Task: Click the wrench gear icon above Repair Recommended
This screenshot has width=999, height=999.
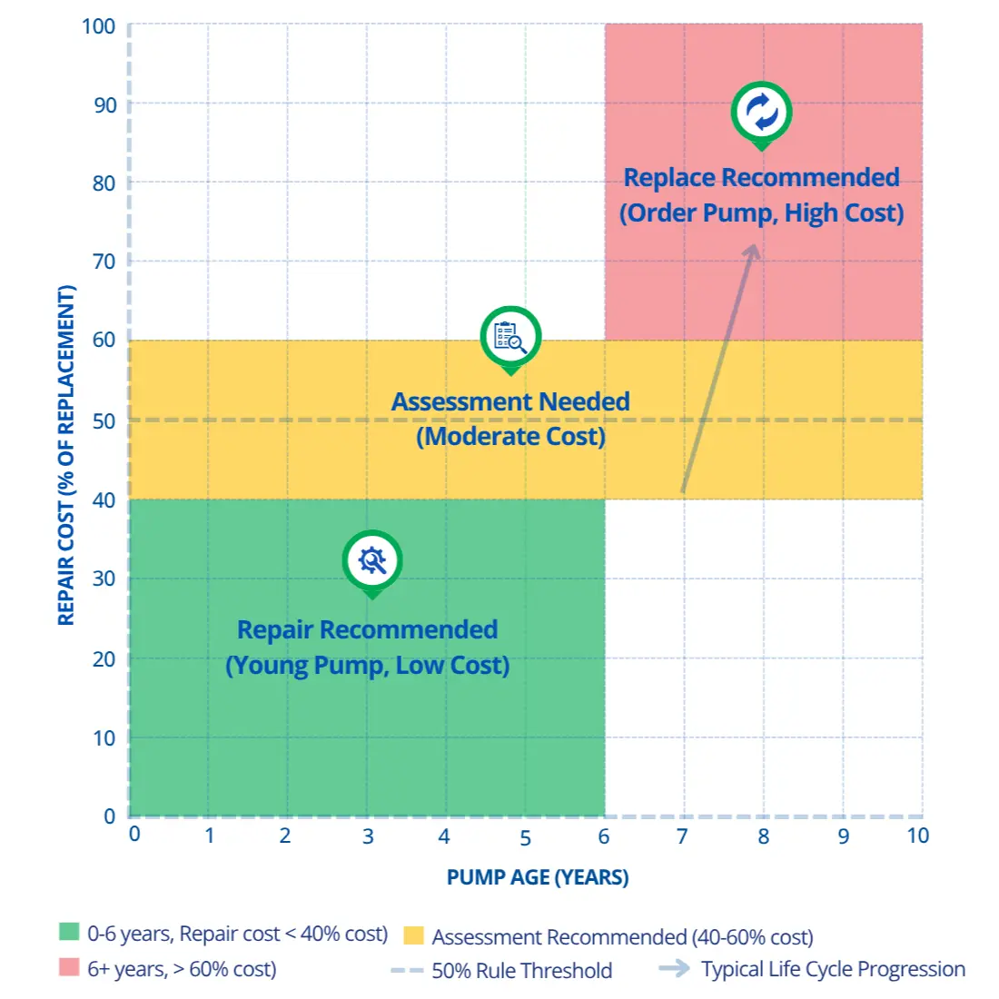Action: coord(372,560)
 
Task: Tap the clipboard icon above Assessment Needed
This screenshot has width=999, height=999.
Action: coord(510,337)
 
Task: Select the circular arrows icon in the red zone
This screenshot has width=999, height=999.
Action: coord(761,112)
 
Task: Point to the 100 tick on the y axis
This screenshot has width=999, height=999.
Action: coord(98,26)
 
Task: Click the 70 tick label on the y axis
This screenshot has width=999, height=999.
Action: coord(104,262)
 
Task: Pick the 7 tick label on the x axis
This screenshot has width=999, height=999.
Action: coord(682,836)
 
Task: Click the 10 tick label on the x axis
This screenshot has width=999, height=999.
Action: coord(917,836)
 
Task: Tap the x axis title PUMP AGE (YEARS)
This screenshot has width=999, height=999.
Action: coord(538,877)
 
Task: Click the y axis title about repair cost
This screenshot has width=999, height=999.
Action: coord(66,456)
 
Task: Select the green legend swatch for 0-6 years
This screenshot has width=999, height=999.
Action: coord(69,932)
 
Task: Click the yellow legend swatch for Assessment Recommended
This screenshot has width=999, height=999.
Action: coord(413,935)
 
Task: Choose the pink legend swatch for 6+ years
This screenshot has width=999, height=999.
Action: coord(69,968)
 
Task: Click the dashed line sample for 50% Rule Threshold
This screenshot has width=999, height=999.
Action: coord(407,971)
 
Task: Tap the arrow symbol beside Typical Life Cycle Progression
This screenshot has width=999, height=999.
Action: coord(674,969)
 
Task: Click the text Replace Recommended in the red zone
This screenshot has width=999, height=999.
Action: coord(761,178)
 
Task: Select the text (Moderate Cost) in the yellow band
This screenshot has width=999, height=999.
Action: coord(510,437)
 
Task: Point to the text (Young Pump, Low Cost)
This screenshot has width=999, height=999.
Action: coord(367,666)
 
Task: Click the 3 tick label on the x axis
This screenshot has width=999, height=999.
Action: coord(368,836)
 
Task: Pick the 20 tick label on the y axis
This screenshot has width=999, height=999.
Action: coord(104,658)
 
